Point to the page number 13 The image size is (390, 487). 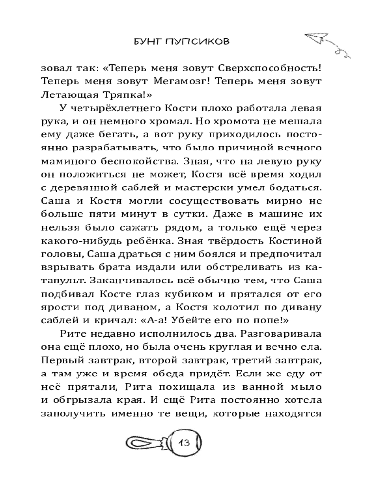pyautogui.click(x=185, y=444)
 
